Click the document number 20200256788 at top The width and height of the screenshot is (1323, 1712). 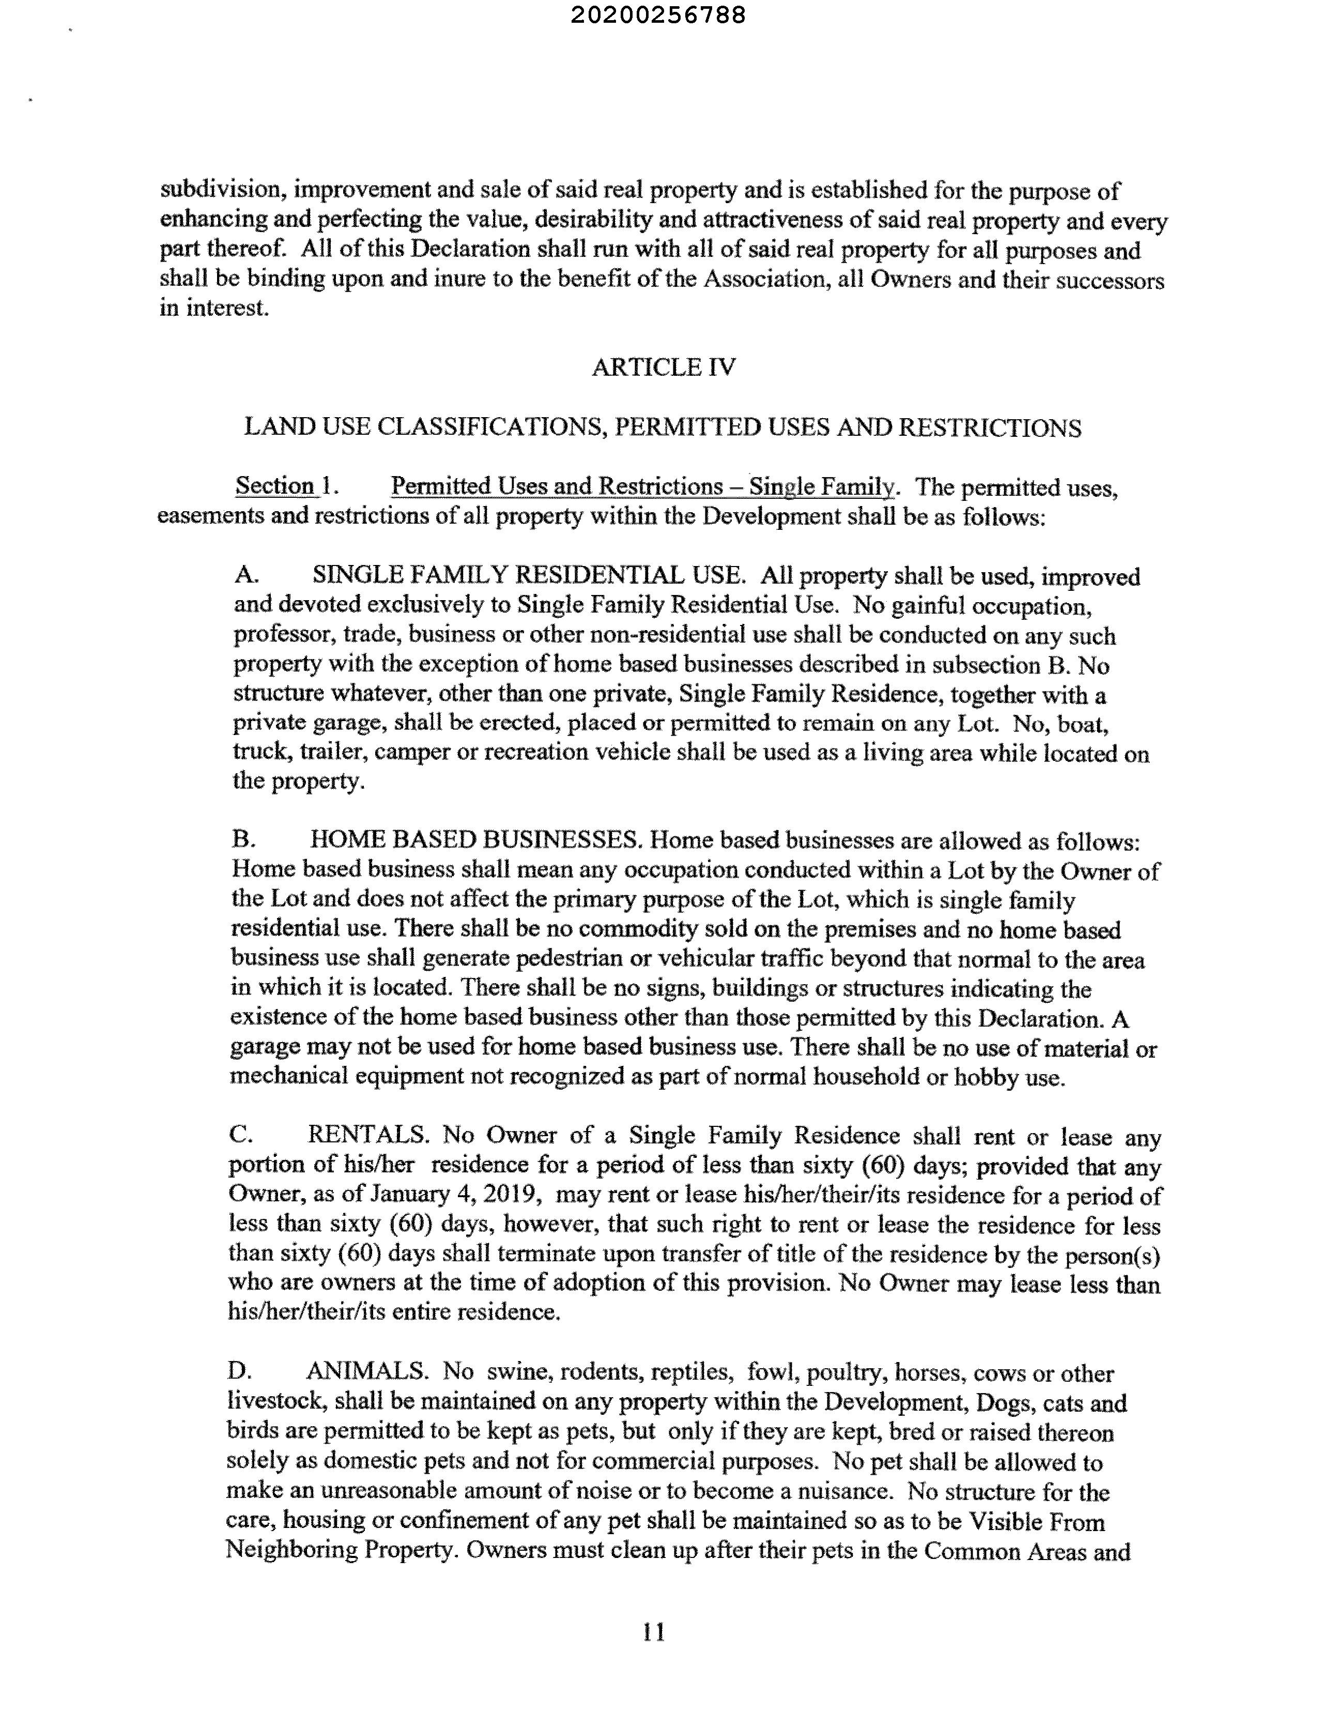click(658, 15)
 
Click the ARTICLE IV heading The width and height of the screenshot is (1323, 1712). click(663, 367)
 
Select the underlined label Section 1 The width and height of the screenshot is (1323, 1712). click(286, 486)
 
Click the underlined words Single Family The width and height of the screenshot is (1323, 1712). click(821, 487)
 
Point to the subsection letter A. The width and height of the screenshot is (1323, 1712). click(246, 575)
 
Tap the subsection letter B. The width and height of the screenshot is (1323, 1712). click(243, 839)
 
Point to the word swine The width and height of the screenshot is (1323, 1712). click(518, 1372)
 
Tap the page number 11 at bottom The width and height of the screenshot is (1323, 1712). click(654, 1633)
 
